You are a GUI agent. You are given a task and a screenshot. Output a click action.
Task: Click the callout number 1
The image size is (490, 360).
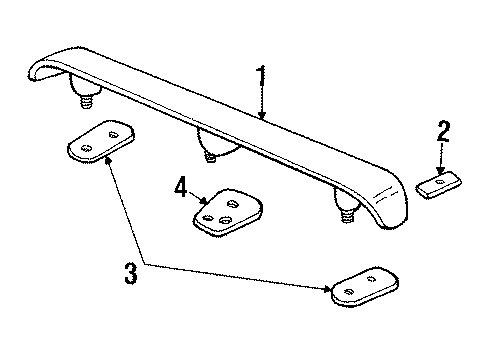click(261, 76)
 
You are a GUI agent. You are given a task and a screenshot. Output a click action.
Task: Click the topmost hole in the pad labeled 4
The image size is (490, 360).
click(229, 203)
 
